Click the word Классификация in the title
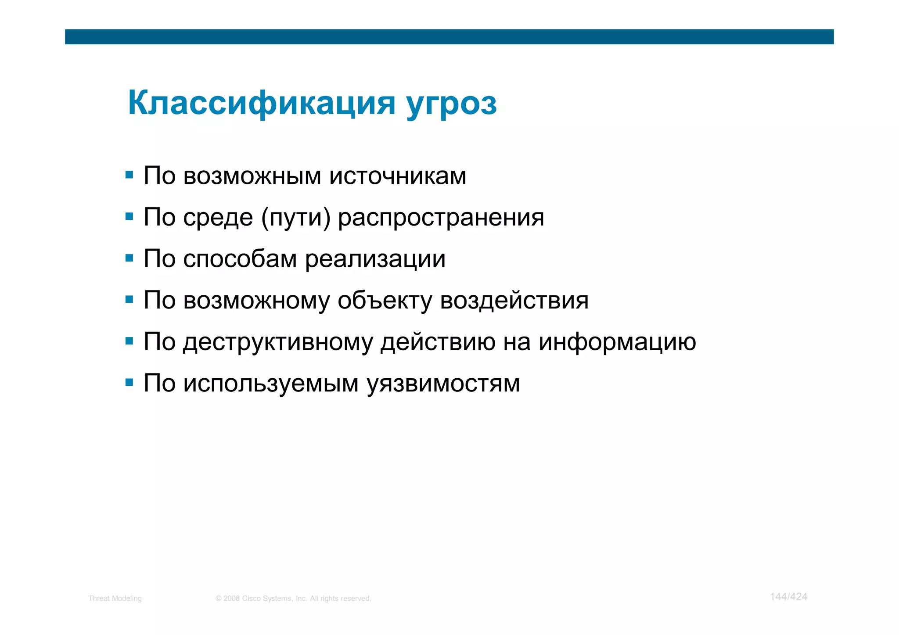(x=262, y=103)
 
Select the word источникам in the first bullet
(x=398, y=176)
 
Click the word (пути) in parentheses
(x=295, y=218)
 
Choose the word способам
(x=240, y=259)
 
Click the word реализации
(x=375, y=259)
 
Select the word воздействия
(x=514, y=301)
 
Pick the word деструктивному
(x=278, y=343)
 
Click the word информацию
(x=617, y=342)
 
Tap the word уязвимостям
(x=443, y=384)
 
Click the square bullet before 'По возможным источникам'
(x=129, y=175)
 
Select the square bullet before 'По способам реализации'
(x=129, y=258)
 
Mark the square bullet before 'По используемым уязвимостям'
(x=129, y=383)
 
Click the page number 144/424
(x=788, y=597)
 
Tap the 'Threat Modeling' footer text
(x=115, y=599)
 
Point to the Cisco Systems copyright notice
(x=293, y=599)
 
